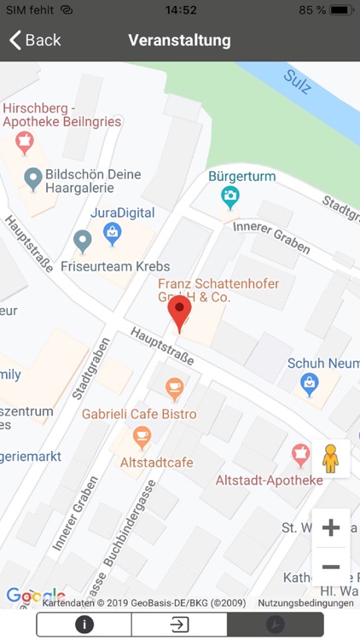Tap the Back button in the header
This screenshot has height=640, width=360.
(x=35, y=40)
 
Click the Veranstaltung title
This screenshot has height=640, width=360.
(x=179, y=40)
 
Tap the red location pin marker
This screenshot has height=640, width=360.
(x=179, y=313)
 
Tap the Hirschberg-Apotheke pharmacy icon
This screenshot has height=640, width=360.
(x=25, y=143)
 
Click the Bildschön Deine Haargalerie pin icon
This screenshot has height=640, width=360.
(x=33, y=179)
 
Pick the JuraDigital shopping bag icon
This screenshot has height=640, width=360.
(x=112, y=231)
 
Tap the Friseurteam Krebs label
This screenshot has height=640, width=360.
(x=115, y=266)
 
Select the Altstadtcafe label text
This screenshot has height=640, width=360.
(x=156, y=462)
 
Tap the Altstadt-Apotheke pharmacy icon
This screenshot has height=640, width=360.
(x=300, y=456)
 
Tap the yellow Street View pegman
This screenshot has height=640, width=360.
(x=330, y=459)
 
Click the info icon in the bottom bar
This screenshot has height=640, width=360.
(x=84, y=624)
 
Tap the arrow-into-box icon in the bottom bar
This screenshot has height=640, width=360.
(x=179, y=624)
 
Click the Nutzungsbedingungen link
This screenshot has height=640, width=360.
(x=305, y=602)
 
